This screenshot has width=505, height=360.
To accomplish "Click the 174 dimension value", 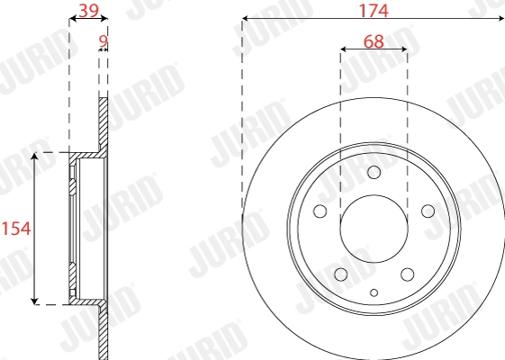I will [374, 11].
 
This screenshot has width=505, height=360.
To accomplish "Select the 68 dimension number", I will [374, 41].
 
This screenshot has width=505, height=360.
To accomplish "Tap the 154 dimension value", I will [16, 229].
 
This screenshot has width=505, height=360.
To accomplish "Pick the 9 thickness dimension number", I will [103, 40].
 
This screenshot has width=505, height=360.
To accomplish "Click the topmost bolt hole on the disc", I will [374, 173].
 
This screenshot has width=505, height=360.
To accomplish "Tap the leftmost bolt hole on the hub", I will [319, 212].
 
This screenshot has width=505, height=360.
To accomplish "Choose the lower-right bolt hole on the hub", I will [408, 274].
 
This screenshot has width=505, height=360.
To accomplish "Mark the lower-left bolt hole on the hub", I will [340, 274].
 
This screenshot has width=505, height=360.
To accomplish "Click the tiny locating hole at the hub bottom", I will [374, 292].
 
